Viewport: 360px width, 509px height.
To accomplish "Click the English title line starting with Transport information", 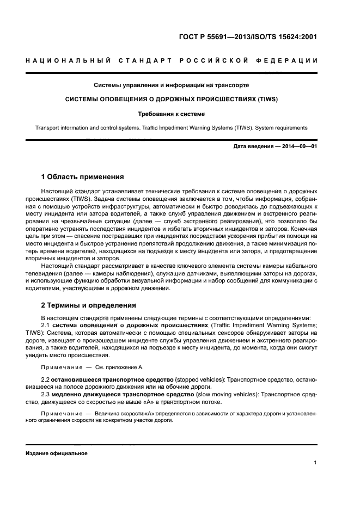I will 172,128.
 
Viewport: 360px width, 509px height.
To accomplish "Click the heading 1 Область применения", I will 82,177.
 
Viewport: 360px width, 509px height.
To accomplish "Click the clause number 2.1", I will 46,325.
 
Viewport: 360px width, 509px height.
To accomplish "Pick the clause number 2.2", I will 46,378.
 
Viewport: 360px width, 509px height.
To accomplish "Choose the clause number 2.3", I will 46,394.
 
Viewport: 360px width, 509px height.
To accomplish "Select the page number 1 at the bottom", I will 315,463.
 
